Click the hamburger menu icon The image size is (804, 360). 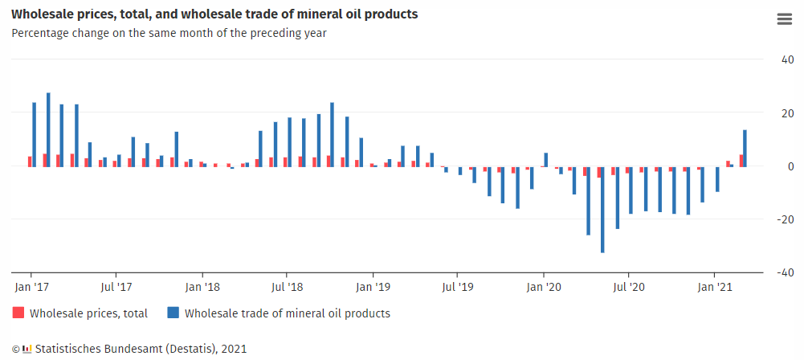pyautogui.click(x=784, y=20)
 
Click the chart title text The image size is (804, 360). pyautogui.click(x=214, y=14)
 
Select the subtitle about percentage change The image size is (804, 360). pyautogui.click(x=169, y=33)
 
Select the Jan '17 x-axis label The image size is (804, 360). pyautogui.click(x=33, y=286)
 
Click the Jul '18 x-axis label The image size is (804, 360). pyautogui.click(x=287, y=286)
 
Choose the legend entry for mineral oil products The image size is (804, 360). pyautogui.click(x=287, y=313)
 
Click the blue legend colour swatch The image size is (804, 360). pyautogui.click(x=173, y=313)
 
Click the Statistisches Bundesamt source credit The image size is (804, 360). pyautogui.click(x=141, y=349)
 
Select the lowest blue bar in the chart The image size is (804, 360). pyautogui.click(x=602, y=210)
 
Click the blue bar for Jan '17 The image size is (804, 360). pyautogui.click(x=34, y=134)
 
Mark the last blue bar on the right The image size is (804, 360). pyautogui.click(x=745, y=148)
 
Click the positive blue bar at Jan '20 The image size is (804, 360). pyautogui.click(x=546, y=159)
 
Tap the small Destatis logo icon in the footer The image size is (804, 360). pyautogui.click(x=27, y=349)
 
